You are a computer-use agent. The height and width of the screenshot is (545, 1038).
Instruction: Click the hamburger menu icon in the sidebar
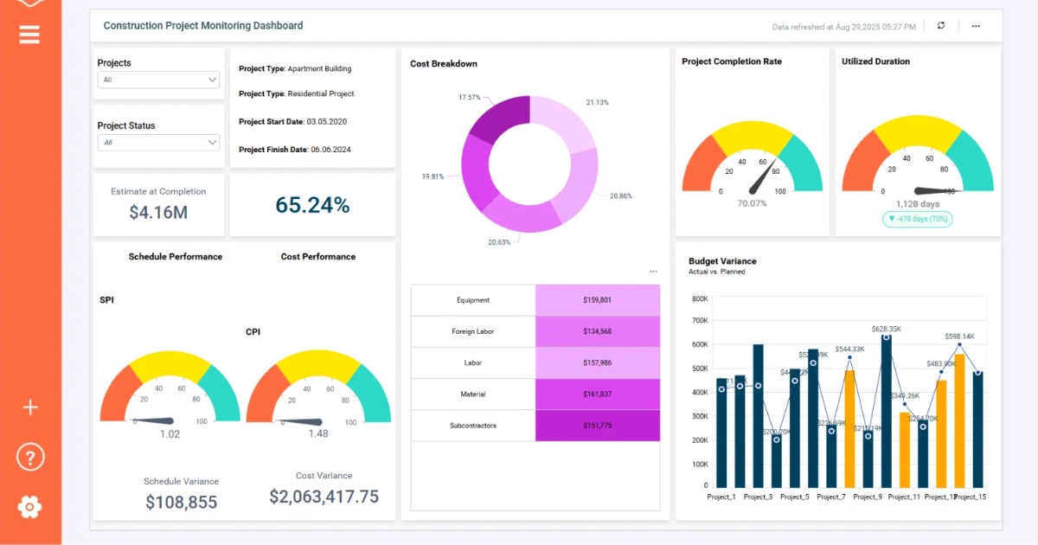click(x=29, y=35)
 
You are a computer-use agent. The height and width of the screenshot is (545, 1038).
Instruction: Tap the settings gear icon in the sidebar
click(x=29, y=507)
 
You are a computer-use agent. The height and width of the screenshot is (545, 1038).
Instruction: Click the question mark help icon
click(x=29, y=457)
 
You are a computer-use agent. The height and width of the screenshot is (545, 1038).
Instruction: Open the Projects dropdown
click(x=159, y=80)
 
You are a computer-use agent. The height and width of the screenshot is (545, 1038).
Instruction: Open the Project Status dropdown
click(x=159, y=142)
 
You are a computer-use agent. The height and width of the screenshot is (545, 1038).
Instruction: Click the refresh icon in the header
click(x=941, y=26)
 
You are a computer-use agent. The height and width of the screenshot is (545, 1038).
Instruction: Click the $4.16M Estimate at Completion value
click(x=158, y=212)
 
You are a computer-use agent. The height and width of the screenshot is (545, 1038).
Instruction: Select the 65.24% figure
click(x=312, y=205)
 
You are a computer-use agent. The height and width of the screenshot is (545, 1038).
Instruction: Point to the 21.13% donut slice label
click(x=597, y=102)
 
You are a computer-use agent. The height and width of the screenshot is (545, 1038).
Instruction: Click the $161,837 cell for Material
click(x=597, y=394)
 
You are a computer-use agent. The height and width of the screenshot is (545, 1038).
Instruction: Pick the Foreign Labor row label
click(x=472, y=331)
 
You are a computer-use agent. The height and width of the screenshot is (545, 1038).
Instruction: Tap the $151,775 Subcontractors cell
click(x=597, y=426)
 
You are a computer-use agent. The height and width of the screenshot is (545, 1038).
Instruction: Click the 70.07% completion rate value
click(x=752, y=203)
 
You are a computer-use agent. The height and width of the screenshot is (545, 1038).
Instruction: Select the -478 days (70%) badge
click(x=917, y=219)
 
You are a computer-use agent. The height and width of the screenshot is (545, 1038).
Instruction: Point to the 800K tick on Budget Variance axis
click(x=699, y=298)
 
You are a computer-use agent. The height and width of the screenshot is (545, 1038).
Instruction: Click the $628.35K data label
click(x=886, y=329)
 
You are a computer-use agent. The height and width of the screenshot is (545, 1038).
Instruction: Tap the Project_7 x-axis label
click(x=830, y=497)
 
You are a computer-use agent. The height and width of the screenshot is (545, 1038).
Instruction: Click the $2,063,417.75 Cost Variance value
click(x=324, y=497)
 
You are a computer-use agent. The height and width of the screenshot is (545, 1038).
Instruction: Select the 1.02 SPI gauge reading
click(x=170, y=434)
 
